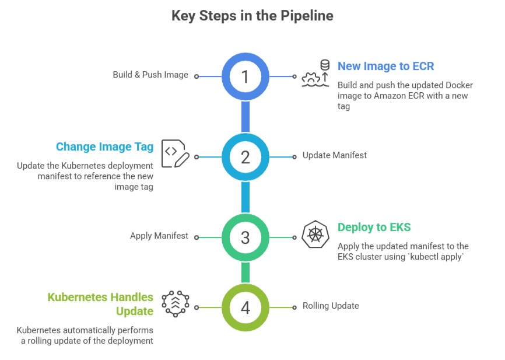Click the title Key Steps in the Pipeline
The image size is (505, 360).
click(252, 16)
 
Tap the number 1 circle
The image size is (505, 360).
click(246, 76)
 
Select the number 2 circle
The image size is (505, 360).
click(246, 157)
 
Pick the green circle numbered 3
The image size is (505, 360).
click(246, 237)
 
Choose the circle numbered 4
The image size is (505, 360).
click(246, 307)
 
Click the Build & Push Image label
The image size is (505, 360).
click(150, 75)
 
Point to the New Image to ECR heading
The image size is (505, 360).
click(385, 66)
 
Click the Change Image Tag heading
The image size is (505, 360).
click(104, 146)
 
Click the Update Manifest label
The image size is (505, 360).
click(334, 156)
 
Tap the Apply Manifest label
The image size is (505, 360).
click(159, 236)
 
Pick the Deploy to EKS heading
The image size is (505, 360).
click(374, 227)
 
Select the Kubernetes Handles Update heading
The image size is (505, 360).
click(100, 304)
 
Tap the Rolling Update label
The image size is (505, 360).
click(330, 306)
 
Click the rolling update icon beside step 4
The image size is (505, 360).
click(176, 303)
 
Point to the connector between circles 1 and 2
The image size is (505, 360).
click(246, 117)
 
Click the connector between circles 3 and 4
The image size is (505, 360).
click(246, 272)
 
